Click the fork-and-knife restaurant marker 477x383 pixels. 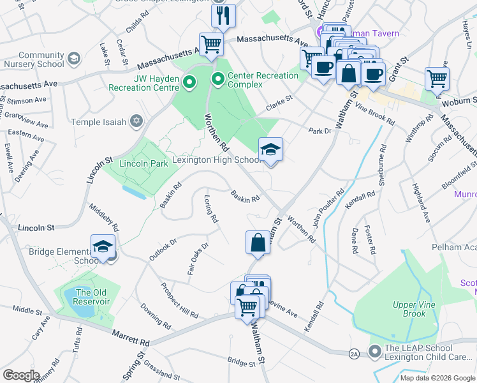223,16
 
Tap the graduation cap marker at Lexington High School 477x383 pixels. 270,151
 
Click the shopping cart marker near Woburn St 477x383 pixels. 437,79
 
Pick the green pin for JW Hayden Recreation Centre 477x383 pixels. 189,82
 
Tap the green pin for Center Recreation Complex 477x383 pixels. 218,80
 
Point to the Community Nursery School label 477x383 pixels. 41,60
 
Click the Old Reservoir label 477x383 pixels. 92,297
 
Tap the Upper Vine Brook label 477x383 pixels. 409,310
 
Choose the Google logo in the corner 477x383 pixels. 20,375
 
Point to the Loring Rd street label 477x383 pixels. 210,209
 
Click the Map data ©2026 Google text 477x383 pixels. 437,378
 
